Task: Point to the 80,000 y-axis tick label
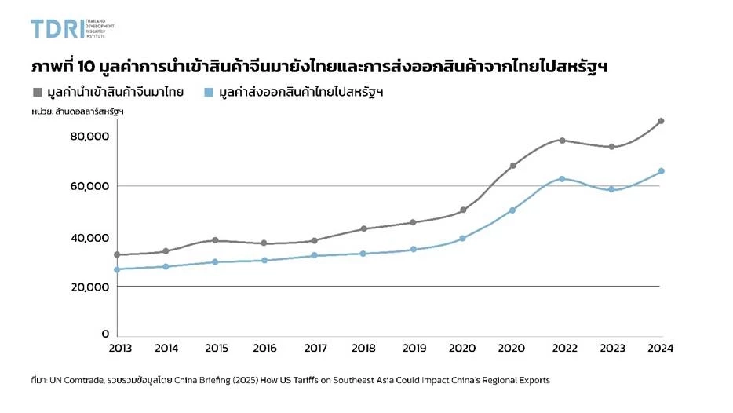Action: coord(89,137)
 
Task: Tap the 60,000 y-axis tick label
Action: coord(89,186)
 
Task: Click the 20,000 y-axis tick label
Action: coord(89,287)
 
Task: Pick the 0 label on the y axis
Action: coord(104,335)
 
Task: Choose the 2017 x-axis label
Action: coord(315,348)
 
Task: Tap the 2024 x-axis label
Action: coord(661,348)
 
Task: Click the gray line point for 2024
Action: coord(661,121)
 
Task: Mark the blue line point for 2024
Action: coord(661,171)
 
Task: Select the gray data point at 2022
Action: coord(562,141)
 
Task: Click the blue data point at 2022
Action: coord(562,179)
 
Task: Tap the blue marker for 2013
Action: coord(117,269)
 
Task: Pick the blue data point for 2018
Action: coord(363,254)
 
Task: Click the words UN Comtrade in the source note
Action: coord(78,380)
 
